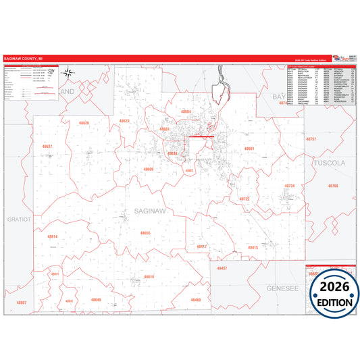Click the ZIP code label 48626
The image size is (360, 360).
click(x=84, y=123)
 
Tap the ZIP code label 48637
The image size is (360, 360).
click(x=47, y=146)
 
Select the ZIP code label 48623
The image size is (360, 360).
click(x=124, y=121)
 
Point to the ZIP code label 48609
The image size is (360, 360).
click(x=149, y=170)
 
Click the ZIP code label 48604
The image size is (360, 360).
click(x=186, y=111)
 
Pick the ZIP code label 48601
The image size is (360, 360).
click(x=249, y=148)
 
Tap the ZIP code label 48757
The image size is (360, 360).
click(x=311, y=139)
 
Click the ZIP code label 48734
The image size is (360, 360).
click(x=290, y=186)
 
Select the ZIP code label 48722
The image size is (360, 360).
click(x=245, y=199)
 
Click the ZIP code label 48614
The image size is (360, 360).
click(x=53, y=236)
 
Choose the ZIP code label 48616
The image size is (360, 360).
click(x=149, y=277)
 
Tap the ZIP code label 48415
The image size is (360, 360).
click(x=253, y=248)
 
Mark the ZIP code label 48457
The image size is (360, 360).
click(x=222, y=268)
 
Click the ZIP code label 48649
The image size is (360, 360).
click(x=96, y=299)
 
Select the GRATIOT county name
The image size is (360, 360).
click(x=16, y=220)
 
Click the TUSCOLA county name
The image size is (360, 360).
click(x=329, y=163)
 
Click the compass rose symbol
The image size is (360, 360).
click(x=72, y=74)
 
